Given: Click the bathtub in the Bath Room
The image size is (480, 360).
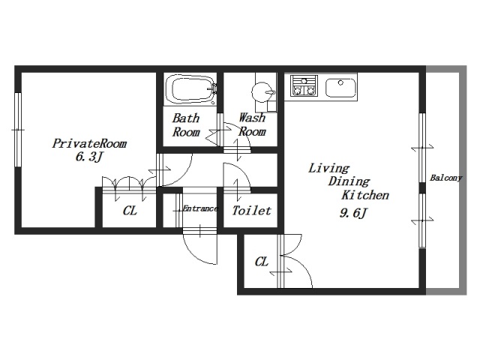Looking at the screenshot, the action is (x=191, y=89).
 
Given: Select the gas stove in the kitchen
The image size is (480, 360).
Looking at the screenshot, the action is (x=304, y=86).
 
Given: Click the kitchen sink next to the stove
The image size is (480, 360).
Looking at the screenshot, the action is (x=340, y=88).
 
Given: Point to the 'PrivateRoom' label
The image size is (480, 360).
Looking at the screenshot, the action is (x=89, y=143).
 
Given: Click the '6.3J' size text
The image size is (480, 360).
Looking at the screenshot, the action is (x=88, y=157).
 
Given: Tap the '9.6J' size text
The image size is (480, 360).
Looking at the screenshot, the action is (x=352, y=213).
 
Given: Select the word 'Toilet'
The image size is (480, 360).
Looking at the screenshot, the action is (x=251, y=211).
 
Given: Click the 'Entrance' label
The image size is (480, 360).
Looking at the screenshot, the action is (x=200, y=209).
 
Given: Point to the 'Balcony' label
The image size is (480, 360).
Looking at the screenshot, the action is (x=446, y=178).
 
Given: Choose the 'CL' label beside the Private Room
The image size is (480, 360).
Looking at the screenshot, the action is (x=130, y=211).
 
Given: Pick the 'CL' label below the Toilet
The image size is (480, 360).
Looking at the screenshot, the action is (x=262, y=262).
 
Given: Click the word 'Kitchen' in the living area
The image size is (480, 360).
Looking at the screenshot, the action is (x=365, y=195).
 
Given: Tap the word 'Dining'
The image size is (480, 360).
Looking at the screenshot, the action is (x=349, y=181).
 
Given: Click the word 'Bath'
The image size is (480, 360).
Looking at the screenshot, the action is (x=186, y=118).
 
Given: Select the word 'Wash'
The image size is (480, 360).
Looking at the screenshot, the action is (x=252, y=118).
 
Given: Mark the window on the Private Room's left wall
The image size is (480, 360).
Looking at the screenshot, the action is (x=18, y=130).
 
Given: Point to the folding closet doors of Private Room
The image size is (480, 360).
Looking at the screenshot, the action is (x=129, y=185).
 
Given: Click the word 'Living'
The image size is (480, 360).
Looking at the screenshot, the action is (x=328, y=168).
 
